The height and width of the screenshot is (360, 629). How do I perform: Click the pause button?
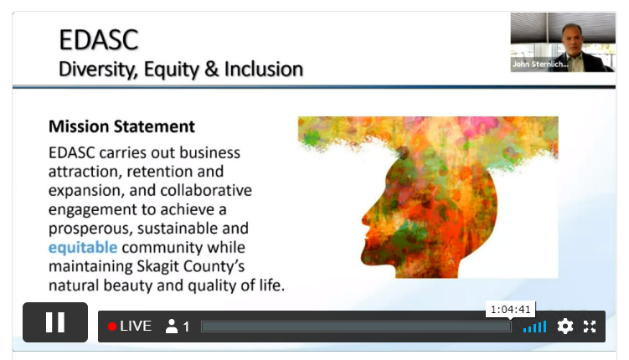point(55,322)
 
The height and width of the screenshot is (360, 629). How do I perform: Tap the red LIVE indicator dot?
point(112,327)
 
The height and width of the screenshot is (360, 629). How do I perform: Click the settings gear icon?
point(565,327)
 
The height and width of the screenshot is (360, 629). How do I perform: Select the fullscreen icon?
point(590,327)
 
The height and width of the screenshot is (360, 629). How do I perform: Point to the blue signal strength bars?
point(534,327)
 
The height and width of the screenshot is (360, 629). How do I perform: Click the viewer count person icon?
point(172,327)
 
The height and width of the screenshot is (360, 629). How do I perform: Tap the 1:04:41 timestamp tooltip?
point(510,310)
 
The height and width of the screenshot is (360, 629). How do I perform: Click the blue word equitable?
point(83,247)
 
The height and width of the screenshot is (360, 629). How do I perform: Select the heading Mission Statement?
point(121,126)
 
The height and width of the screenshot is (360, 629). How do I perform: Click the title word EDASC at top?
point(99,39)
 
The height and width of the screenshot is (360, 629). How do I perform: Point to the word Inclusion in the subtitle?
point(264,69)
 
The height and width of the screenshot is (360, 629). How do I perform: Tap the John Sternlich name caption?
point(540,64)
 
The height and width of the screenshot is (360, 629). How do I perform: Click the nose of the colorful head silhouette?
point(364,219)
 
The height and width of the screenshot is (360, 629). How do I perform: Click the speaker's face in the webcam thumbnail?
point(572,40)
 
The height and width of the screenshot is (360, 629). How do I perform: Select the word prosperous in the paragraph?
point(90,229)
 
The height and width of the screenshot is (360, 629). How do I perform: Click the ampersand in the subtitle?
point(211,69)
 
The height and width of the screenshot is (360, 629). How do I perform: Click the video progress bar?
point(356,327)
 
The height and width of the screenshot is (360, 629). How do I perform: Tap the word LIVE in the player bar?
point(136,327)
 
